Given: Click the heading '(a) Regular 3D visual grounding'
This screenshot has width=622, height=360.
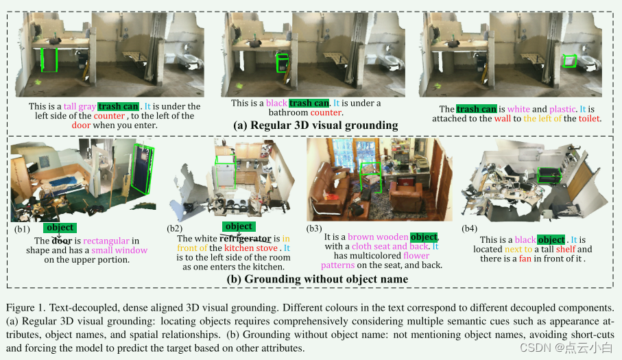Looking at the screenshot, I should click(315, 125).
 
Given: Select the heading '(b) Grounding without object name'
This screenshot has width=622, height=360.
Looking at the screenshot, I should click(318, 279).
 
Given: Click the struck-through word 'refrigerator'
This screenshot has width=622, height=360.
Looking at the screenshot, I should click(245, 238).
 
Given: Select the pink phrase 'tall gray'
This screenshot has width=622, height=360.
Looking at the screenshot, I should click(79, 106).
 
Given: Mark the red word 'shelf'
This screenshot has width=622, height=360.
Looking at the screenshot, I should click(565, 250).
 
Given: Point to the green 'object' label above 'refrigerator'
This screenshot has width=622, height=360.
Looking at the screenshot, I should click(239, 226).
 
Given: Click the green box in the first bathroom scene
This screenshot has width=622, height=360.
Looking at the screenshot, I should click(49, 60).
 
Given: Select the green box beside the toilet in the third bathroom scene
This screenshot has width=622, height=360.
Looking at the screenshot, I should click(569, 62).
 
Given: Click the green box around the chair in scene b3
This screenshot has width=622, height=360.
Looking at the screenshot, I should click(370, 177).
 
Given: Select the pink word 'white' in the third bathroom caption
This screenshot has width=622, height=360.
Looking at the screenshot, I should click(518, 109).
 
